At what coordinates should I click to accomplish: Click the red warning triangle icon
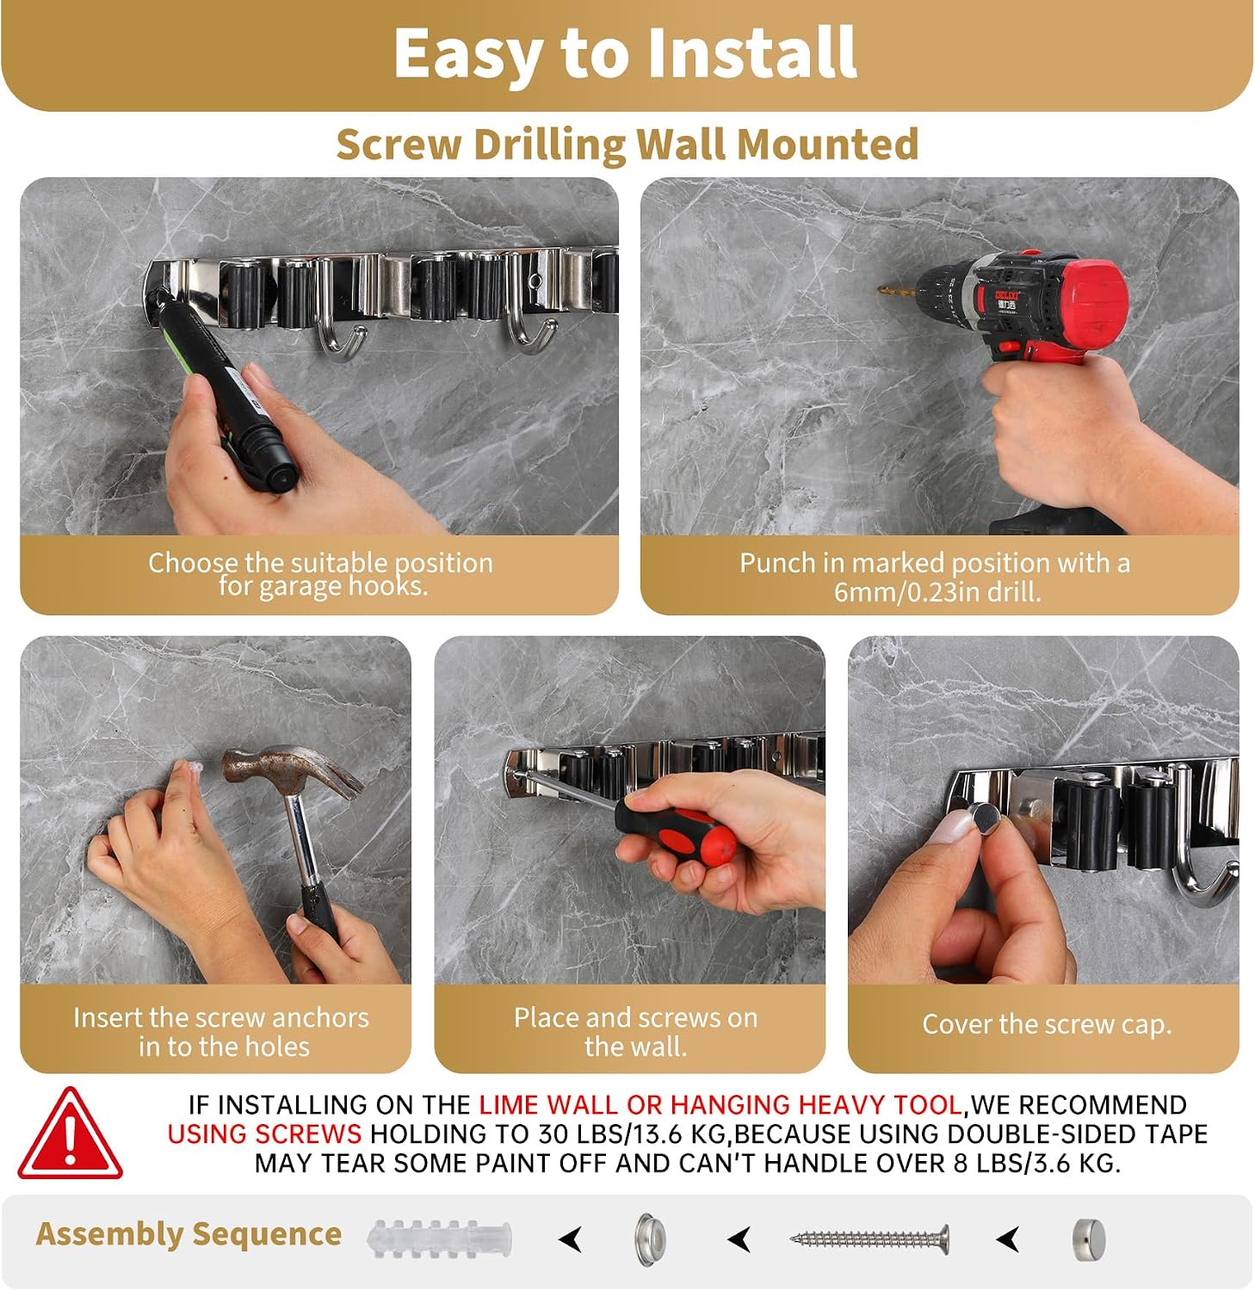70,1135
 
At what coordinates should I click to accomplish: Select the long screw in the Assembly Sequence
870,1239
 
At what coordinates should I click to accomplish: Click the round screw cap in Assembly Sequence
1089,1239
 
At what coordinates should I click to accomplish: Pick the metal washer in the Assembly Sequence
651,1239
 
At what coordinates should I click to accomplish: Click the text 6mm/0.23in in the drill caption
903,592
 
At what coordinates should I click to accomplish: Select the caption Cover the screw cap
1047,1024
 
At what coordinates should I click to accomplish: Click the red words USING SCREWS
264,1133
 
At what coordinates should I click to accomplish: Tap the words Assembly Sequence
189,1234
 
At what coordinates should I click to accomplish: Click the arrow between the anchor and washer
571,1239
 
